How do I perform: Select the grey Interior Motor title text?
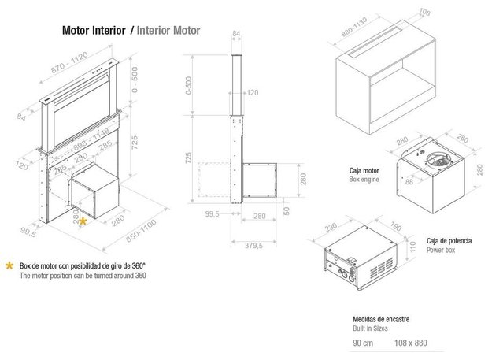coord(168,32)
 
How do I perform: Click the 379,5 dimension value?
coord(253,245)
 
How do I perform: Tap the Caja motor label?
coord(364,170)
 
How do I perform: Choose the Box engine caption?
coord(364,179)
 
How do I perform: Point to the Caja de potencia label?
coord(449,240)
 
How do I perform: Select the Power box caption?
coord(442,249)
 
